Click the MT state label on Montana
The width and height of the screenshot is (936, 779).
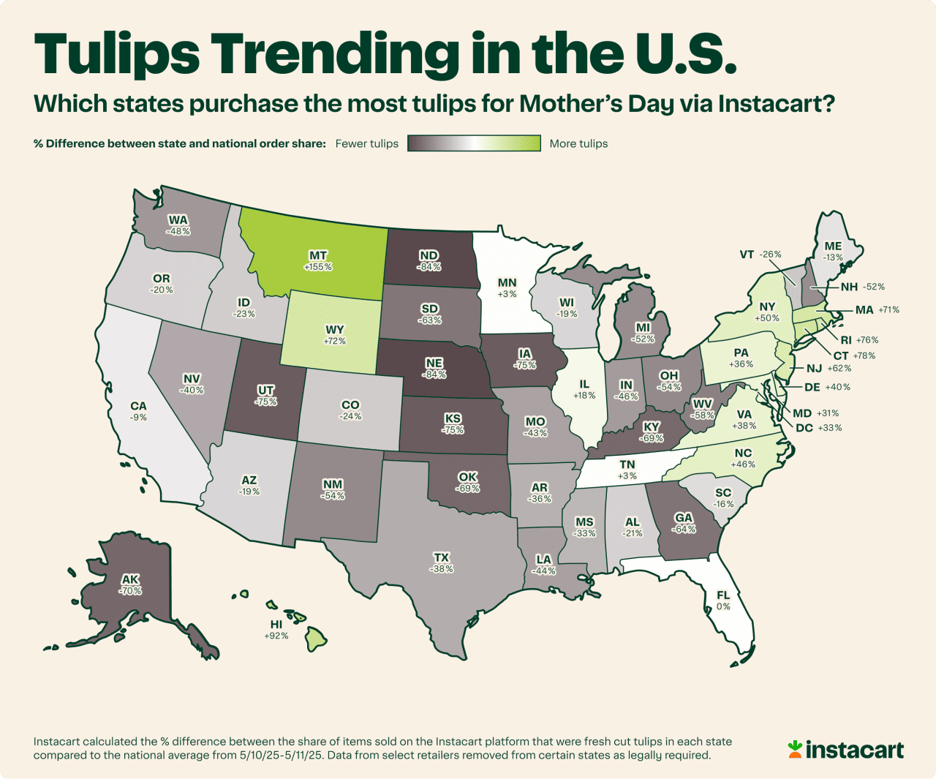click(x=318, y=255)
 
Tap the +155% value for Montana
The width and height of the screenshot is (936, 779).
click(x=318, y=267)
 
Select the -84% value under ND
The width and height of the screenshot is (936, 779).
click(x=429, y=267)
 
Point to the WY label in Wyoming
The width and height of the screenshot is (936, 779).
click(x=335, y=329)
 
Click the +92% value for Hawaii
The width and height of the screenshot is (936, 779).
click(x=276, y=636)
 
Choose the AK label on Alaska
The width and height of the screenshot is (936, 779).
click(x=130, y=579)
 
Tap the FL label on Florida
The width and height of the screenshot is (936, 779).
click(x=723, y=595)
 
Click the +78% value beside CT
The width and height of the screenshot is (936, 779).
click(x=864, y=355)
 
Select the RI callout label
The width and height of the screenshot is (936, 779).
click(x=846, y=340)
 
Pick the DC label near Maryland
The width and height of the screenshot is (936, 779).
click(x=804, y=428)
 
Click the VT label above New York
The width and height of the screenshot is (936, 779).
click(x=747, y=255)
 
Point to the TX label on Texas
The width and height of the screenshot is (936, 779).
click(x=442, y=557)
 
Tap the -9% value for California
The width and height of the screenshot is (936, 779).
click(x=138, y=418)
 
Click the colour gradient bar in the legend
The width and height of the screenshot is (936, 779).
click(x=474, y=143)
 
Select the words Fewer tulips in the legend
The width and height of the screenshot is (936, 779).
click(x=367, y=143)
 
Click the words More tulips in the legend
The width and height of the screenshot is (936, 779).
click(x=578, y=143)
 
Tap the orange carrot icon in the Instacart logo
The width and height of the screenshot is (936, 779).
click(x=795, y=748)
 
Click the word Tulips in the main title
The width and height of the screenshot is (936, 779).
click(x=117, y=54)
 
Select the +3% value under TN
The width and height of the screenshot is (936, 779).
click(x=627, y=476)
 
